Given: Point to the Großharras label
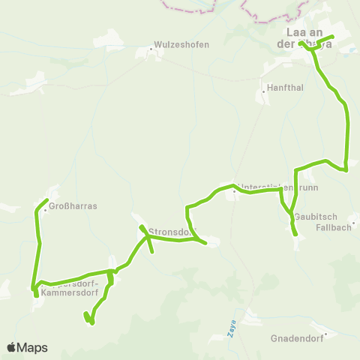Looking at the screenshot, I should click(73, 205).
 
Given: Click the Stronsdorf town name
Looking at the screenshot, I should click(172, 232).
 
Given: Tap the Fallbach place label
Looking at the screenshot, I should click(333, 227).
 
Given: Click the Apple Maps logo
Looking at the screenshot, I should click(27, 347).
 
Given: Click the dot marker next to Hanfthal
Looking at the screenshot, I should click(265, 92).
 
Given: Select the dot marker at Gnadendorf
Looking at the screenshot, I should click(325, 334).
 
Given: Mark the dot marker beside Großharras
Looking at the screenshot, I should click(45, 210).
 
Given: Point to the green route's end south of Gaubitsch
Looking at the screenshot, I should click(295, 235).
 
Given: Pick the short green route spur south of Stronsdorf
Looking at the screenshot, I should click(152, 250).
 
